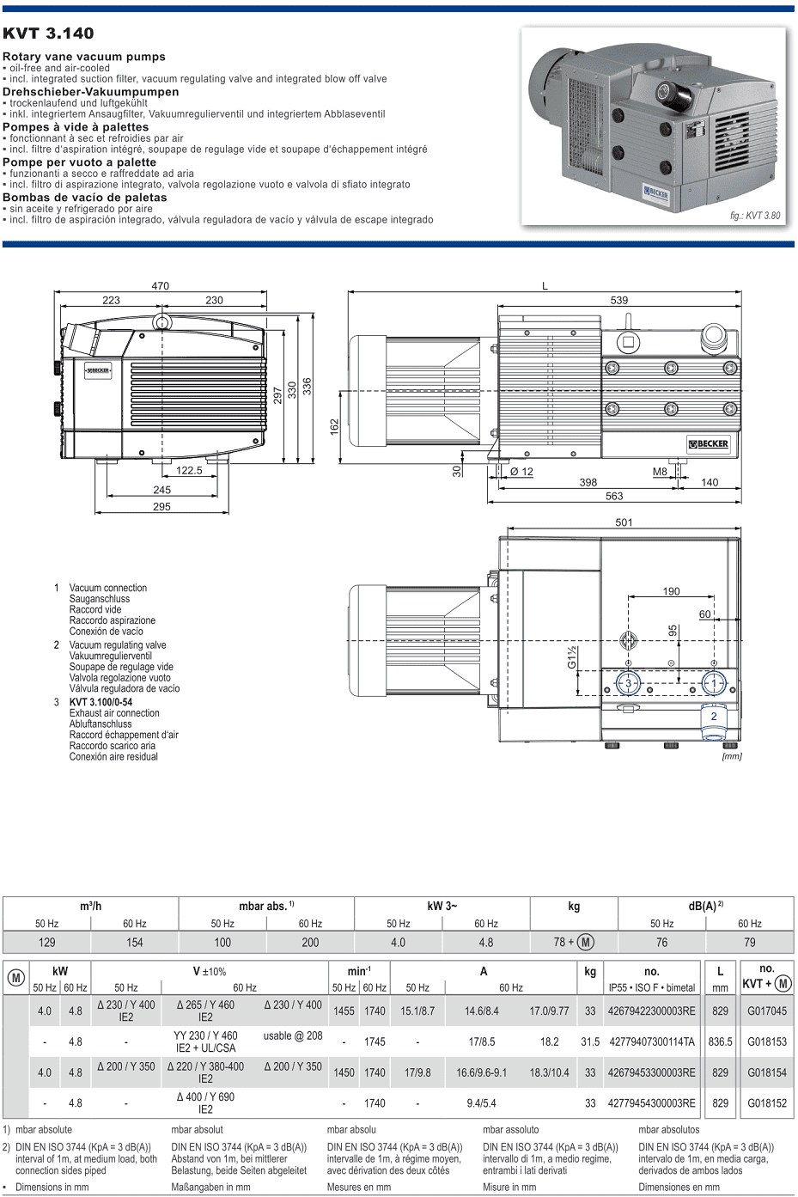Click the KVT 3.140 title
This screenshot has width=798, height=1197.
(48, 34)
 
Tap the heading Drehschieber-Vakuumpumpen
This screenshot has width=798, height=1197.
(91, 92)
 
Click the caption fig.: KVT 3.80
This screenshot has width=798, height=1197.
(755, 216)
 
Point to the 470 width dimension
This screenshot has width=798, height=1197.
(161, 286)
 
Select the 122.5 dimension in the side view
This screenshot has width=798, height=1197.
(189, 470)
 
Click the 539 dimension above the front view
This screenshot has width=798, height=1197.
(619, 300)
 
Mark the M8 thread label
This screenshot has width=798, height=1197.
(660, 471)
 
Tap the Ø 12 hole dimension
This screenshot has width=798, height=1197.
(521, 471)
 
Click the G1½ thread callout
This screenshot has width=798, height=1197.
(572, 657)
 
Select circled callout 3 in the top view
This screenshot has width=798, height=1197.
(628, 683)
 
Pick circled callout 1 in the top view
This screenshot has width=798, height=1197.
(714, 683)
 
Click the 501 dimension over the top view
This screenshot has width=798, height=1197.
(624, 522)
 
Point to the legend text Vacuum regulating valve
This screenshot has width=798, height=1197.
(118, 645)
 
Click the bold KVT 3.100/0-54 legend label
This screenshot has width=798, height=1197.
(101, 702)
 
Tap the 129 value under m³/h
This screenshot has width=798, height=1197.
(47, 943)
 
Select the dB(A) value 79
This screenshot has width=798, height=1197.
(750, 943)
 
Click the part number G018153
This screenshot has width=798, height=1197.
(767, 1041)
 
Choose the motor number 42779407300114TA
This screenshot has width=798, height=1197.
(652, 1041)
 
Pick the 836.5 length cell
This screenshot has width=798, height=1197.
(721, 1041)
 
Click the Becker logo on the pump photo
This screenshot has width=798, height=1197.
(655, 193)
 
